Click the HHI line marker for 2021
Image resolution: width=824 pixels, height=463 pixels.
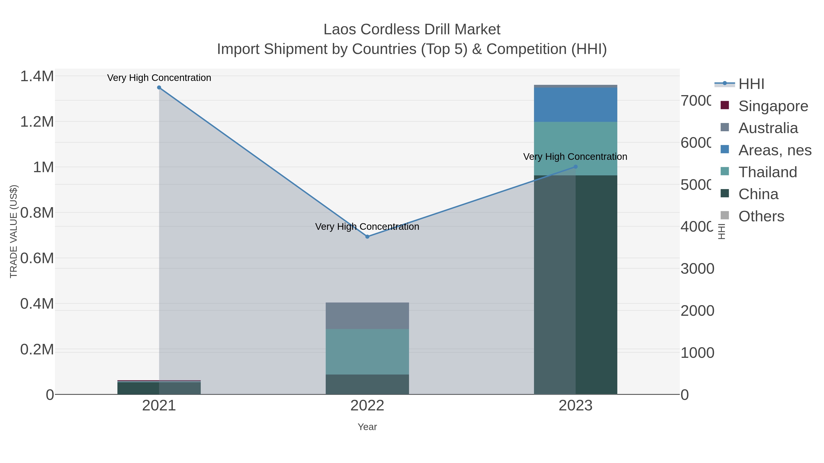pyautogui.click(x=159, y=88)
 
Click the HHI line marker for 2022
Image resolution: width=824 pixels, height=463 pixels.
pyautogui.click(x=367, y=237)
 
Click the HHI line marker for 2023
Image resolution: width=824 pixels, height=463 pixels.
pyautogui.click(x=575, y=167)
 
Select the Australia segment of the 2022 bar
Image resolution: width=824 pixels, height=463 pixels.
pyautogui.click(x=367, y=316)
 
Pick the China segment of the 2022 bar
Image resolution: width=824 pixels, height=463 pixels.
pyautogui.click(x=367, y=384)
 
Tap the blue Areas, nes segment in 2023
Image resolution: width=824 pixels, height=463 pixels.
pyautogui.click(x=575, y=105)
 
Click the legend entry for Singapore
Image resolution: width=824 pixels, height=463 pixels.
pyautogui.click(x=773, y=106)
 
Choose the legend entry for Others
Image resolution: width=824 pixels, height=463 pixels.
pyautogui.click(x=761, y=216)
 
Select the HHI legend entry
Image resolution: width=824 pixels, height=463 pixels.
pyautogui.click(x=751, y=84)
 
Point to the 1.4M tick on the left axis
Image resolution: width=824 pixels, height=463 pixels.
pyautogui.click(x=37, y=76)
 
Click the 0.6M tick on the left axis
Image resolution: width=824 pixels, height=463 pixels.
pyautogui.click(x=37, y=258)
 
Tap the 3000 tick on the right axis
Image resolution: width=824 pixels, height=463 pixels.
pyautogui.click(x=697, y=269)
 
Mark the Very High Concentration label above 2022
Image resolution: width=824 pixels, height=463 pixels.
pyautogui.click(x=367, y=227)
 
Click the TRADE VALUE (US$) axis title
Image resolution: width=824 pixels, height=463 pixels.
pyautogui.click(x=14, y=231)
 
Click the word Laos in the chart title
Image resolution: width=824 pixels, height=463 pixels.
pyautogui.click(x=340, y=29)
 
